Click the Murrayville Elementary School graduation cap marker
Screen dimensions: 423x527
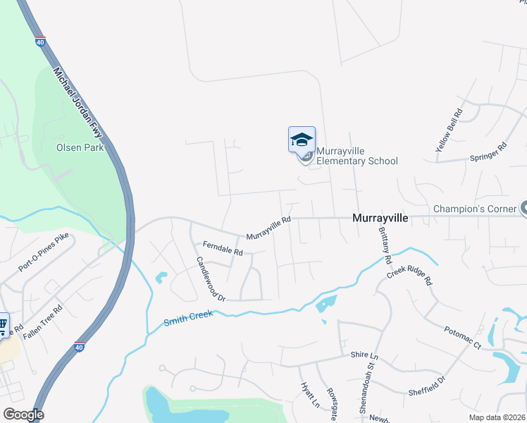coord(302,139)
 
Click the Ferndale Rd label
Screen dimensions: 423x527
coord(223,248)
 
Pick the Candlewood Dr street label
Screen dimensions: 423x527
coord(211,278)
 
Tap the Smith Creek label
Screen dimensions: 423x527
coord(188,319)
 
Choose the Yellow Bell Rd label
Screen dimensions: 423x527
coord(449,130)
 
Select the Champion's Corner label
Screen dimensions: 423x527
coord(475,209)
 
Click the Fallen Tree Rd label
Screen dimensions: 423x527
coord(43,323)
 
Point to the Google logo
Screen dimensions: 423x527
coord(23,415)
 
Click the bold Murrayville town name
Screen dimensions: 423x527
coord(380,219)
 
